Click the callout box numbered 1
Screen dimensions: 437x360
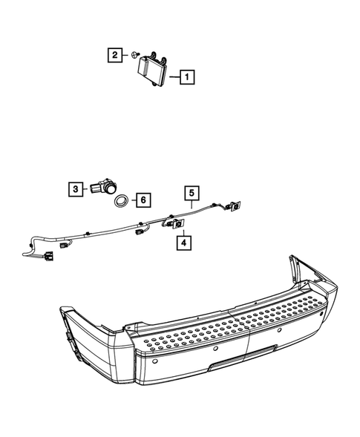coord(186,76)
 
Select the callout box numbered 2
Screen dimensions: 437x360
coord(115,54)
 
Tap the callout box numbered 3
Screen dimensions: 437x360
coord(76,189)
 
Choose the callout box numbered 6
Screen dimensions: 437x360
coord(143,200)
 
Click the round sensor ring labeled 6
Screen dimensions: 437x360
coord(121,200)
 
